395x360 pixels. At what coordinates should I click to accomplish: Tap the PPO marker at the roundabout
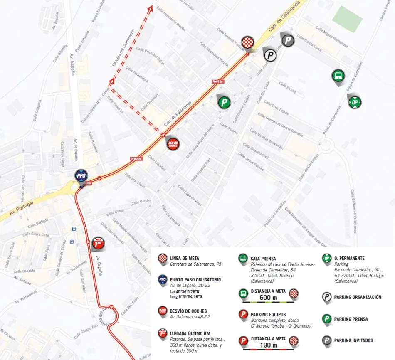coord(81,176)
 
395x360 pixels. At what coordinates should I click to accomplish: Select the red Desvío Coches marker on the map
coord(173,144)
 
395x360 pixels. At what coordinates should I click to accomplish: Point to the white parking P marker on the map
coord(270,54)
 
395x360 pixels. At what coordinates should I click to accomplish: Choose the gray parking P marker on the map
coord(288,40)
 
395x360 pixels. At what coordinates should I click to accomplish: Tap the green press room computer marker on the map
coord(338,76)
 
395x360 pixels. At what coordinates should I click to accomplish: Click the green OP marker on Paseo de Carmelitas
coord(355,102)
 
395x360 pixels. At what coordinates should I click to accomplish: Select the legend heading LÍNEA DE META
coord(184,259)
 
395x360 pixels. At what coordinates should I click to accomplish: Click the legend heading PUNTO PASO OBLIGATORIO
coord(195,280)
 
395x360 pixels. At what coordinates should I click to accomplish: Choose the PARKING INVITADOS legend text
coord(353,340)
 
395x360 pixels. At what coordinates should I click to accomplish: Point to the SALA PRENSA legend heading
coord(263,259)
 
